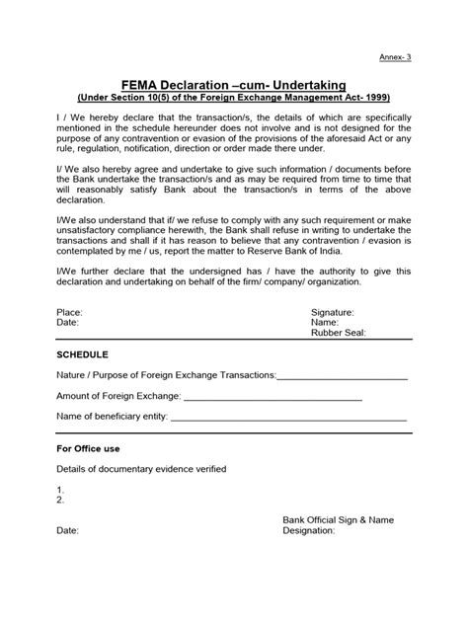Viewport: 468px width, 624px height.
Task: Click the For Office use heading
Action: [90, 448]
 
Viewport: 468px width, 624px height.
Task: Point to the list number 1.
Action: [60, 490]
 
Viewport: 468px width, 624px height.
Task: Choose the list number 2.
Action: [60, 501]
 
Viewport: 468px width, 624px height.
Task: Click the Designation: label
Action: [309, 530]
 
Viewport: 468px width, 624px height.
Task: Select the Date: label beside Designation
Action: [67, 530]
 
